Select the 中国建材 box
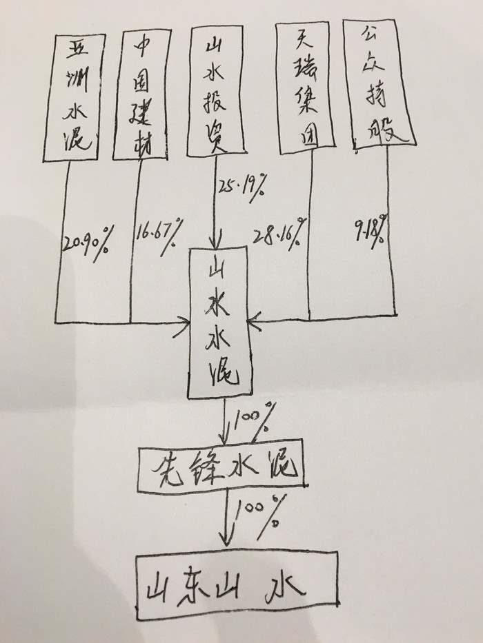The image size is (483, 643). tap(141, 94)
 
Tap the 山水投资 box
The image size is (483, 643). tap(215, 91)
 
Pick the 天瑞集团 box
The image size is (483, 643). tap(305, 88)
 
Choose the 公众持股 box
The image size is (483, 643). tap(379, 83)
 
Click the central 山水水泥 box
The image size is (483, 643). tap(219, 323)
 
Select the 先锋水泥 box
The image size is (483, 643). tap(221, 466)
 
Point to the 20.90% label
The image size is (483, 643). tap(86, 244)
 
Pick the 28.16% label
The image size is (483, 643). tap(280, 234)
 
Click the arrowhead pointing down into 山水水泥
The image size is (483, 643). tap(214, 240)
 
